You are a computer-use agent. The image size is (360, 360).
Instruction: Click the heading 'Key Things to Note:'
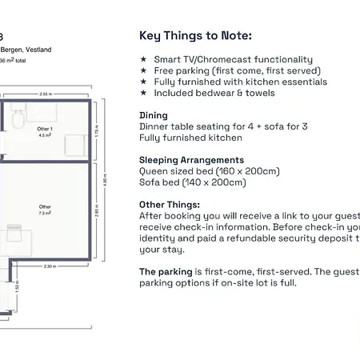point(195,35)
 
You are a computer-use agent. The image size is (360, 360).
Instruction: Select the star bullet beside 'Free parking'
point(143,71)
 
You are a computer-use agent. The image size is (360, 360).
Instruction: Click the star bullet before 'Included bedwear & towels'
point(143,94)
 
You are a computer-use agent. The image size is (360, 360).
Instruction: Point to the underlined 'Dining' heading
point(154,115)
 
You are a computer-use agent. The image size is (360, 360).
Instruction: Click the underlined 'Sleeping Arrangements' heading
point(191,160)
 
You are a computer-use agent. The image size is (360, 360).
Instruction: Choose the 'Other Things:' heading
point(170,205)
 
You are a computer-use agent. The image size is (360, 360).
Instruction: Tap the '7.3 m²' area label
point(46,214)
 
